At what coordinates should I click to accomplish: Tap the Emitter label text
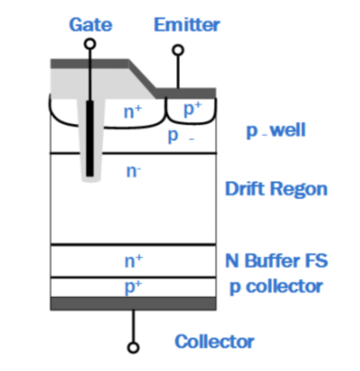click(187, 24)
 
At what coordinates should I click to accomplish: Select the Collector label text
click(214, 341)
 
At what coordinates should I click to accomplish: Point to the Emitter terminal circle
click(178, 49)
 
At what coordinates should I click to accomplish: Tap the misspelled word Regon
click(301, 189)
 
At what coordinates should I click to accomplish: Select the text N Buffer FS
click(276, 261)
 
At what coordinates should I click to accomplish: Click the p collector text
click(276, 287)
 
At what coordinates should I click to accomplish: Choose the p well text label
click(276, 131)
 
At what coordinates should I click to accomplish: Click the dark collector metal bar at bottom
click(133, 303)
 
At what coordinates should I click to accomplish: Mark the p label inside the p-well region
click(173, 136)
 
